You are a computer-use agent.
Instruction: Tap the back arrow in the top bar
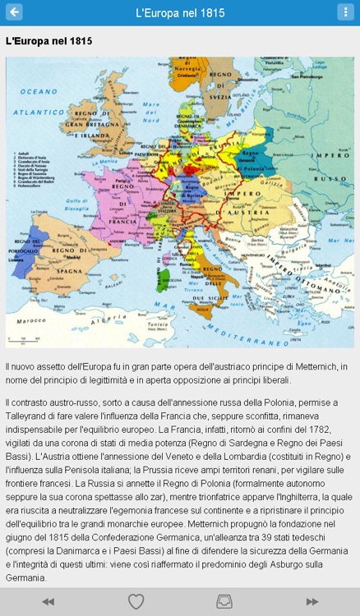pos(14,12)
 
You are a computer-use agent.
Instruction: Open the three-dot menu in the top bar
pos(346,12)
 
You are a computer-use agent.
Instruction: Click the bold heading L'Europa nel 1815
pos(48,40)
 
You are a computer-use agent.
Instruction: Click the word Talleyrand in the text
pos(29,416)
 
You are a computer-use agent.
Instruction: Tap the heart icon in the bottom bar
pos(136,602)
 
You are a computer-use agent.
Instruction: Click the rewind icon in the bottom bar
pos(48,602)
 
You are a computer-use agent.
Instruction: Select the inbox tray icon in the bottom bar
pos(224,602)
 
